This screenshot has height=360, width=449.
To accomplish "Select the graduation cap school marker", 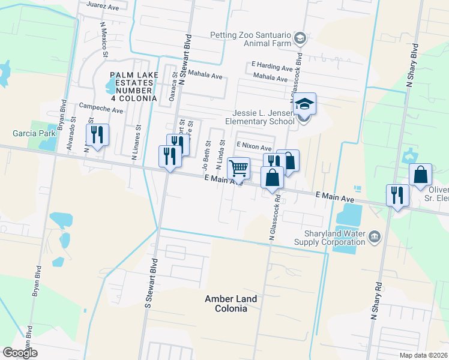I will [x=304, y=105].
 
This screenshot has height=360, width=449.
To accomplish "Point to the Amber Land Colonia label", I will [x=231, y=304].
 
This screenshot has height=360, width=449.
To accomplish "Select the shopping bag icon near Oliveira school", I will [x=420, y=175].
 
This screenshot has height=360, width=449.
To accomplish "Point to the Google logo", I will [x=20, y=352].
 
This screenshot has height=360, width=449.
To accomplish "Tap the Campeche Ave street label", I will [x=101, y=111].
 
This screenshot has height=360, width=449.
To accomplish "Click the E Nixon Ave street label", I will [x=254, y=146].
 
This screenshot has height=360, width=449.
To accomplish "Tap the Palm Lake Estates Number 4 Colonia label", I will [x=133, y=86].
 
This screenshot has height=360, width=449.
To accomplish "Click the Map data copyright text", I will [x=424, y=355].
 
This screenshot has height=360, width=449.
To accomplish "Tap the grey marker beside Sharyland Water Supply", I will [x=375, y=236].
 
